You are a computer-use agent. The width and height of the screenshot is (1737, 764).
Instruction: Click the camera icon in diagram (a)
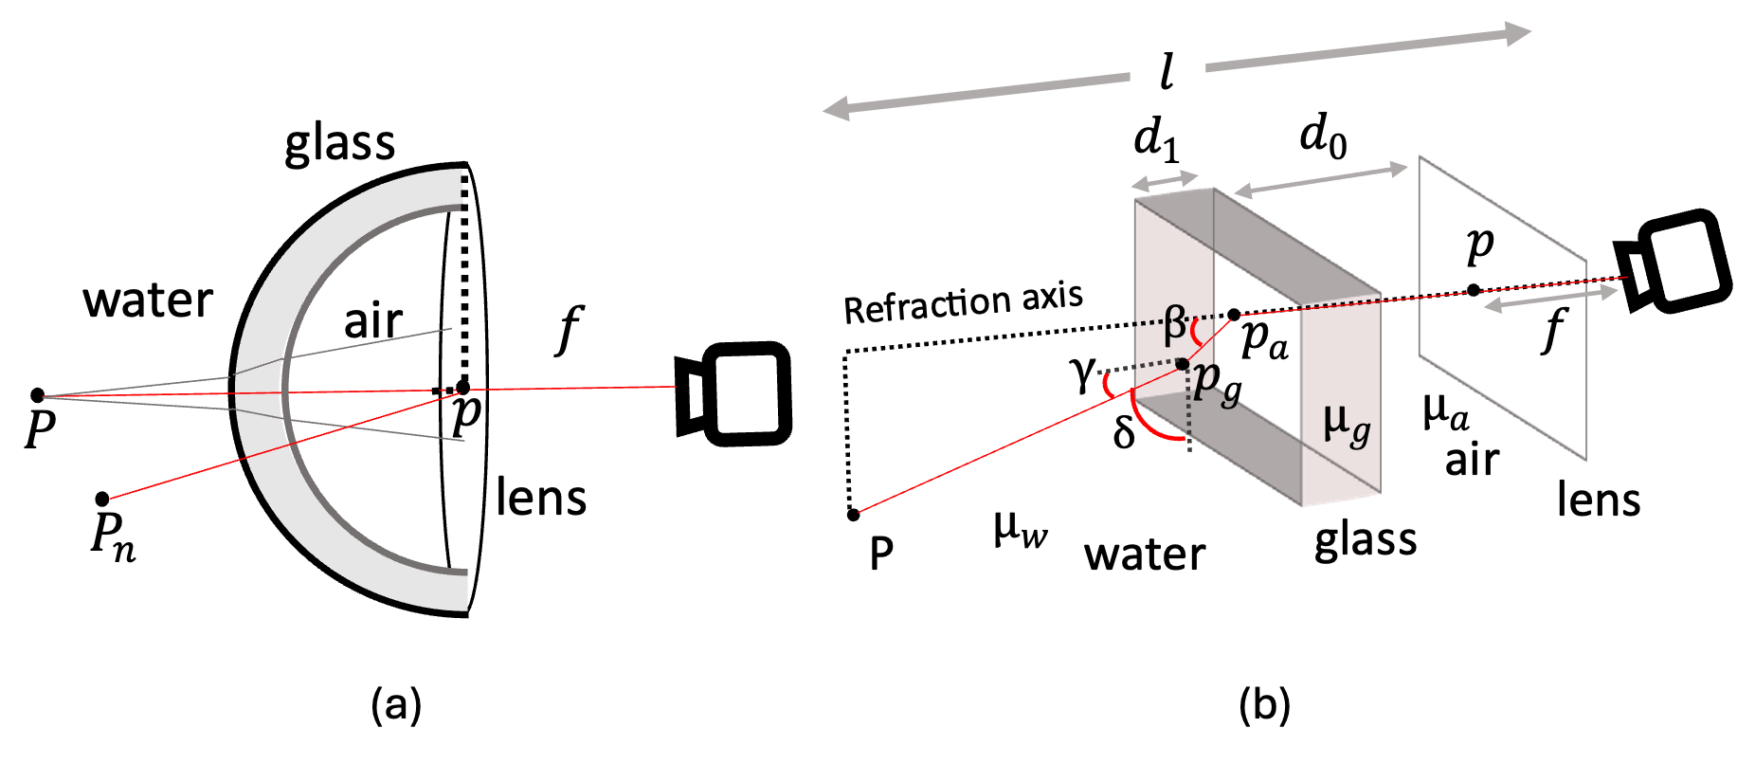click(x=733, y=393)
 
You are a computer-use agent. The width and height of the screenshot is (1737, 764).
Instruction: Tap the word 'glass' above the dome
click(x=339, y=145)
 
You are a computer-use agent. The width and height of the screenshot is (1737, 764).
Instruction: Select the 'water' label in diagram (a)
click(x=148, y=301)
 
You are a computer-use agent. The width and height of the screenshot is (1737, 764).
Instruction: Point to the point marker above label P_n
click(x=102, y=499)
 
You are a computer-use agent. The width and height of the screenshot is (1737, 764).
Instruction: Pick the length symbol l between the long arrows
click(x=1167, y=71)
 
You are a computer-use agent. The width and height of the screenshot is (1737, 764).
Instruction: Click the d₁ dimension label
click(x=1157, y=140)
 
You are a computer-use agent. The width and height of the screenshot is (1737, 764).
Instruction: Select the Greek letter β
click(x=1174, y=325)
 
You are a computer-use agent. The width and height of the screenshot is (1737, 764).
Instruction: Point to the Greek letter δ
click(x=1124, y=431)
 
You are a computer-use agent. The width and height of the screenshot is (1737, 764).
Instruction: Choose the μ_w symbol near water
click(x=1021, y=529)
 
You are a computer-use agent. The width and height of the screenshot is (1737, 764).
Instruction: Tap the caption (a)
click(x=397, y=705)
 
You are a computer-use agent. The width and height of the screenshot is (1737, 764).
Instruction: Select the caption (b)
click(x=1265, y=705)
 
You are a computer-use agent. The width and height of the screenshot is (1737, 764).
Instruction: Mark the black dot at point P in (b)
click(x=853, y=515)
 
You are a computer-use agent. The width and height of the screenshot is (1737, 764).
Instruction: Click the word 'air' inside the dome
click(x=373, y=321)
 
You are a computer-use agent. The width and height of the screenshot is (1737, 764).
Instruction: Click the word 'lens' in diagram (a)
click(x=541, y=498)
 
